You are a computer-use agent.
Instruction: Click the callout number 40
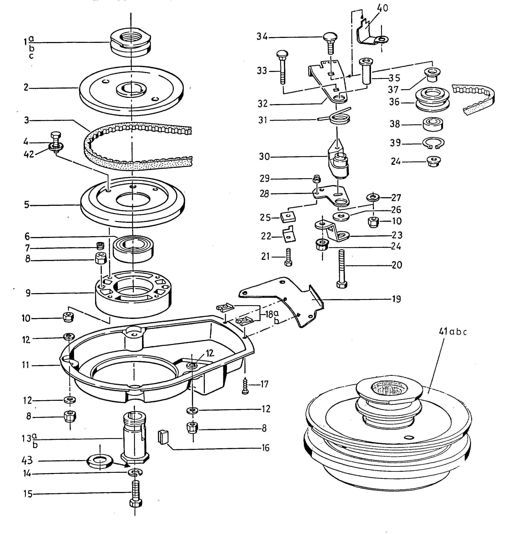(x=383, y=8)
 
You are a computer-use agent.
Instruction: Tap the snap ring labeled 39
(x=433, y=143)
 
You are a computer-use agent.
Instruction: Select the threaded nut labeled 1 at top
(x=131, y=44)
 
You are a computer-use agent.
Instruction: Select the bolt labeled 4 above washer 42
(x=56, y=138)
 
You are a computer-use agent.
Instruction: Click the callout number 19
(x=397, y=299)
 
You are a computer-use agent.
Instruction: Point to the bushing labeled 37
(x=432, y=75)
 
